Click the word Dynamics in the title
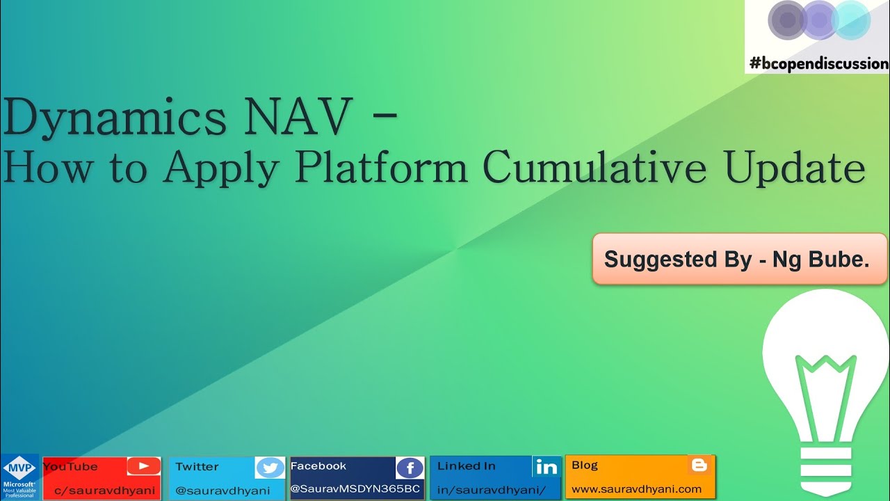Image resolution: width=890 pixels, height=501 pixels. [115, 118]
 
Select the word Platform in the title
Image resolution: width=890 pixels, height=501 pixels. [381, 168]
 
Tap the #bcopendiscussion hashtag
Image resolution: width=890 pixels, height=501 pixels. [818, 63]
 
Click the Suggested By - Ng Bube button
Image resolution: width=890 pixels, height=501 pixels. [739, 259]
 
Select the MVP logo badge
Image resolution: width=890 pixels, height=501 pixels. [19, 477]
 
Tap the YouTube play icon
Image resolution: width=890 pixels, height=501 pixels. [143, 467]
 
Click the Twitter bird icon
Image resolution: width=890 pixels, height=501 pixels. [270, 468]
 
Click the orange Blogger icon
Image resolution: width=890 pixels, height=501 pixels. [700, 466]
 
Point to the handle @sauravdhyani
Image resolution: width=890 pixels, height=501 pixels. [222, 490]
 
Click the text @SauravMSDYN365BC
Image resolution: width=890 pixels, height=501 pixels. [355, 489]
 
